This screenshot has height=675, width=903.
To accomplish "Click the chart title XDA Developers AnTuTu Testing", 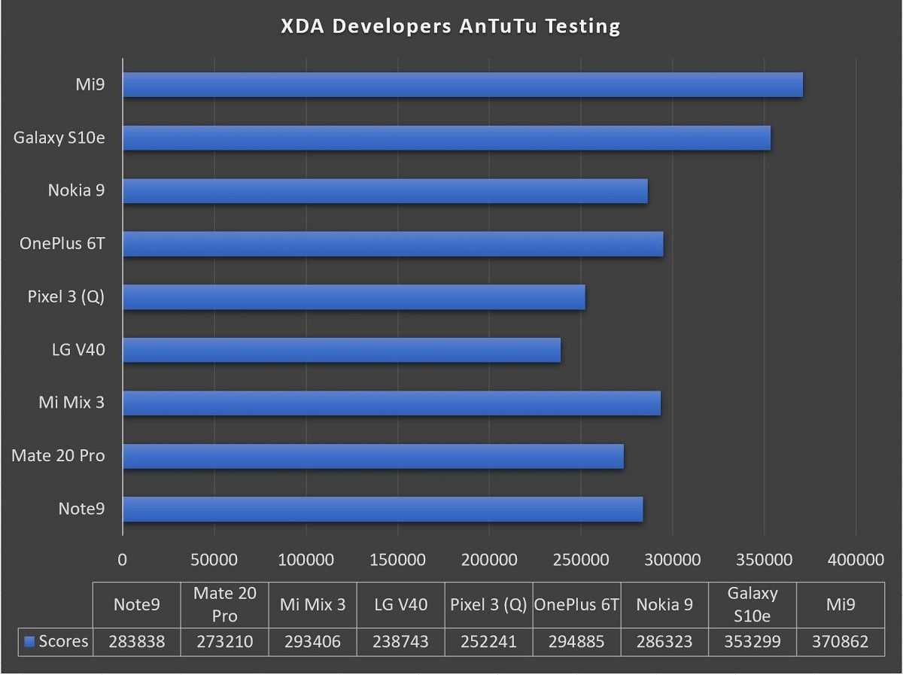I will (450, 26).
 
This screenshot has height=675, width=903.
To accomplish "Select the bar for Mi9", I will (462, 85).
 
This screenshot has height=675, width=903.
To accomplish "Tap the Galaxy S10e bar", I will (446, 138).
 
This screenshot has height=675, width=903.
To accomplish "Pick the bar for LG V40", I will (341, 350).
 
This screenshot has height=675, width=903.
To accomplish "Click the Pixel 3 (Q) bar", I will (354, 297).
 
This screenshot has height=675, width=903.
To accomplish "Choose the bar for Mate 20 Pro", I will (372, 456).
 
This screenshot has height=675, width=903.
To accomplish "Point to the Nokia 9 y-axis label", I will (76, 190).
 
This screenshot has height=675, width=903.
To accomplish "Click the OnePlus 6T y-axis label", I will (62, 244).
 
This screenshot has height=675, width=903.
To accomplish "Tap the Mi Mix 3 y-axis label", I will (71, 403).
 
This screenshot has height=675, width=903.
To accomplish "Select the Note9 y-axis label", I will (81, 509).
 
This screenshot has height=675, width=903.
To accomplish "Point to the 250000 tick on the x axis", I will (581, 560).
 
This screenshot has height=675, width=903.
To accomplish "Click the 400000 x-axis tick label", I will (856, 560).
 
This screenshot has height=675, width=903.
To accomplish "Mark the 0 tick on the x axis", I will (123, 560).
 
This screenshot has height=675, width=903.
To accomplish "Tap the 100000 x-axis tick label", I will (306, 560).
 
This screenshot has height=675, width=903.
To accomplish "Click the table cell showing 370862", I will (841, 642).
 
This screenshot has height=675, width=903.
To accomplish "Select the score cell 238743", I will (400, 642).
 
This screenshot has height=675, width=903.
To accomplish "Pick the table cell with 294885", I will (576, 642).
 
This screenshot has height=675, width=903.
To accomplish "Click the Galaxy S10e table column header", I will (752, 604).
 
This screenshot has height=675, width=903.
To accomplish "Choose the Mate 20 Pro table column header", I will (224, 604).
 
